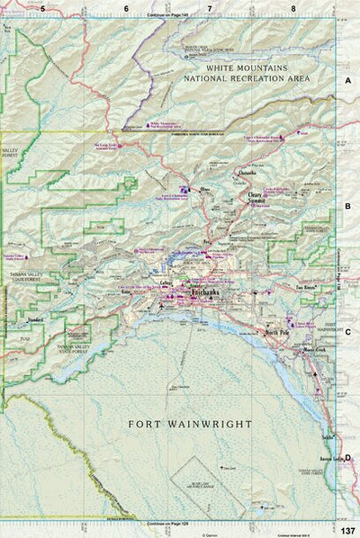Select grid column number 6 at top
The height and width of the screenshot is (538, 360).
[126, 8]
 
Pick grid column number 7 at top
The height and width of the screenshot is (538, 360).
[210, 8]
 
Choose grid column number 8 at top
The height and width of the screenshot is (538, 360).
[293, 8]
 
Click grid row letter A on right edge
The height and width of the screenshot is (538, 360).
[347, 81]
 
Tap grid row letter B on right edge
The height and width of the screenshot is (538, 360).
[347, 206]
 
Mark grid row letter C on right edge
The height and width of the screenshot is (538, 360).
[347, 330]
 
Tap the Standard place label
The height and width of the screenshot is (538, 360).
[36, 318]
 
